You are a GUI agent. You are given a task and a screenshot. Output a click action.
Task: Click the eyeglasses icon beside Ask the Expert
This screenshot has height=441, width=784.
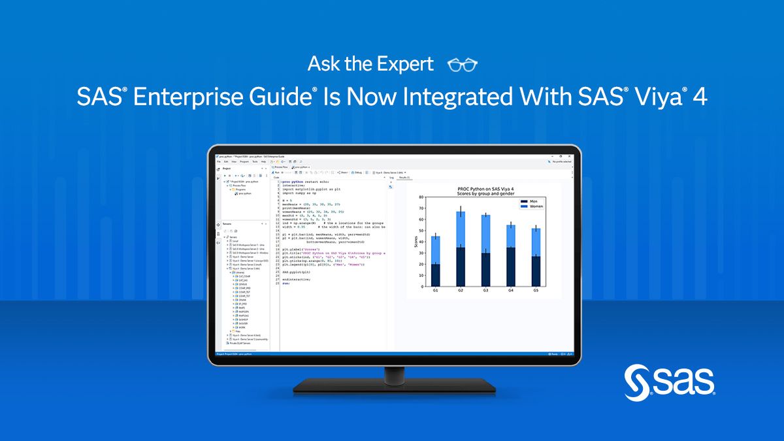pyautogui.click(x=463, y=65)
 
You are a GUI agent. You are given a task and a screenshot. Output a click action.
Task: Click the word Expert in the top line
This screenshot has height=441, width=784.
pyautogui.click(x=405, y=64)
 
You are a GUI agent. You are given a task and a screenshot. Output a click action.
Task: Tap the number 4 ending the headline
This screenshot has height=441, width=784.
pyautogui.click(x=699, y=97)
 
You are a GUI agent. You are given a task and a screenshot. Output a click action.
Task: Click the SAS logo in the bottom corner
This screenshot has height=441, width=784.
pyautogui.click(x=670, y=382)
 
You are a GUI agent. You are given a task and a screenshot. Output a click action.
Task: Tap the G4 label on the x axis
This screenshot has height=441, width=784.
pyautogui.click(x=511, y=289)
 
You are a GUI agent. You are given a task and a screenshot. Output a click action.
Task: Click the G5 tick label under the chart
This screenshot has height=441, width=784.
pyautogui.click(x=536, y=289)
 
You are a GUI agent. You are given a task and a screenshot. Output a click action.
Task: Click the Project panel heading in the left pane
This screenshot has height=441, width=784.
pyautogui.click(x=227, y=169)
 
